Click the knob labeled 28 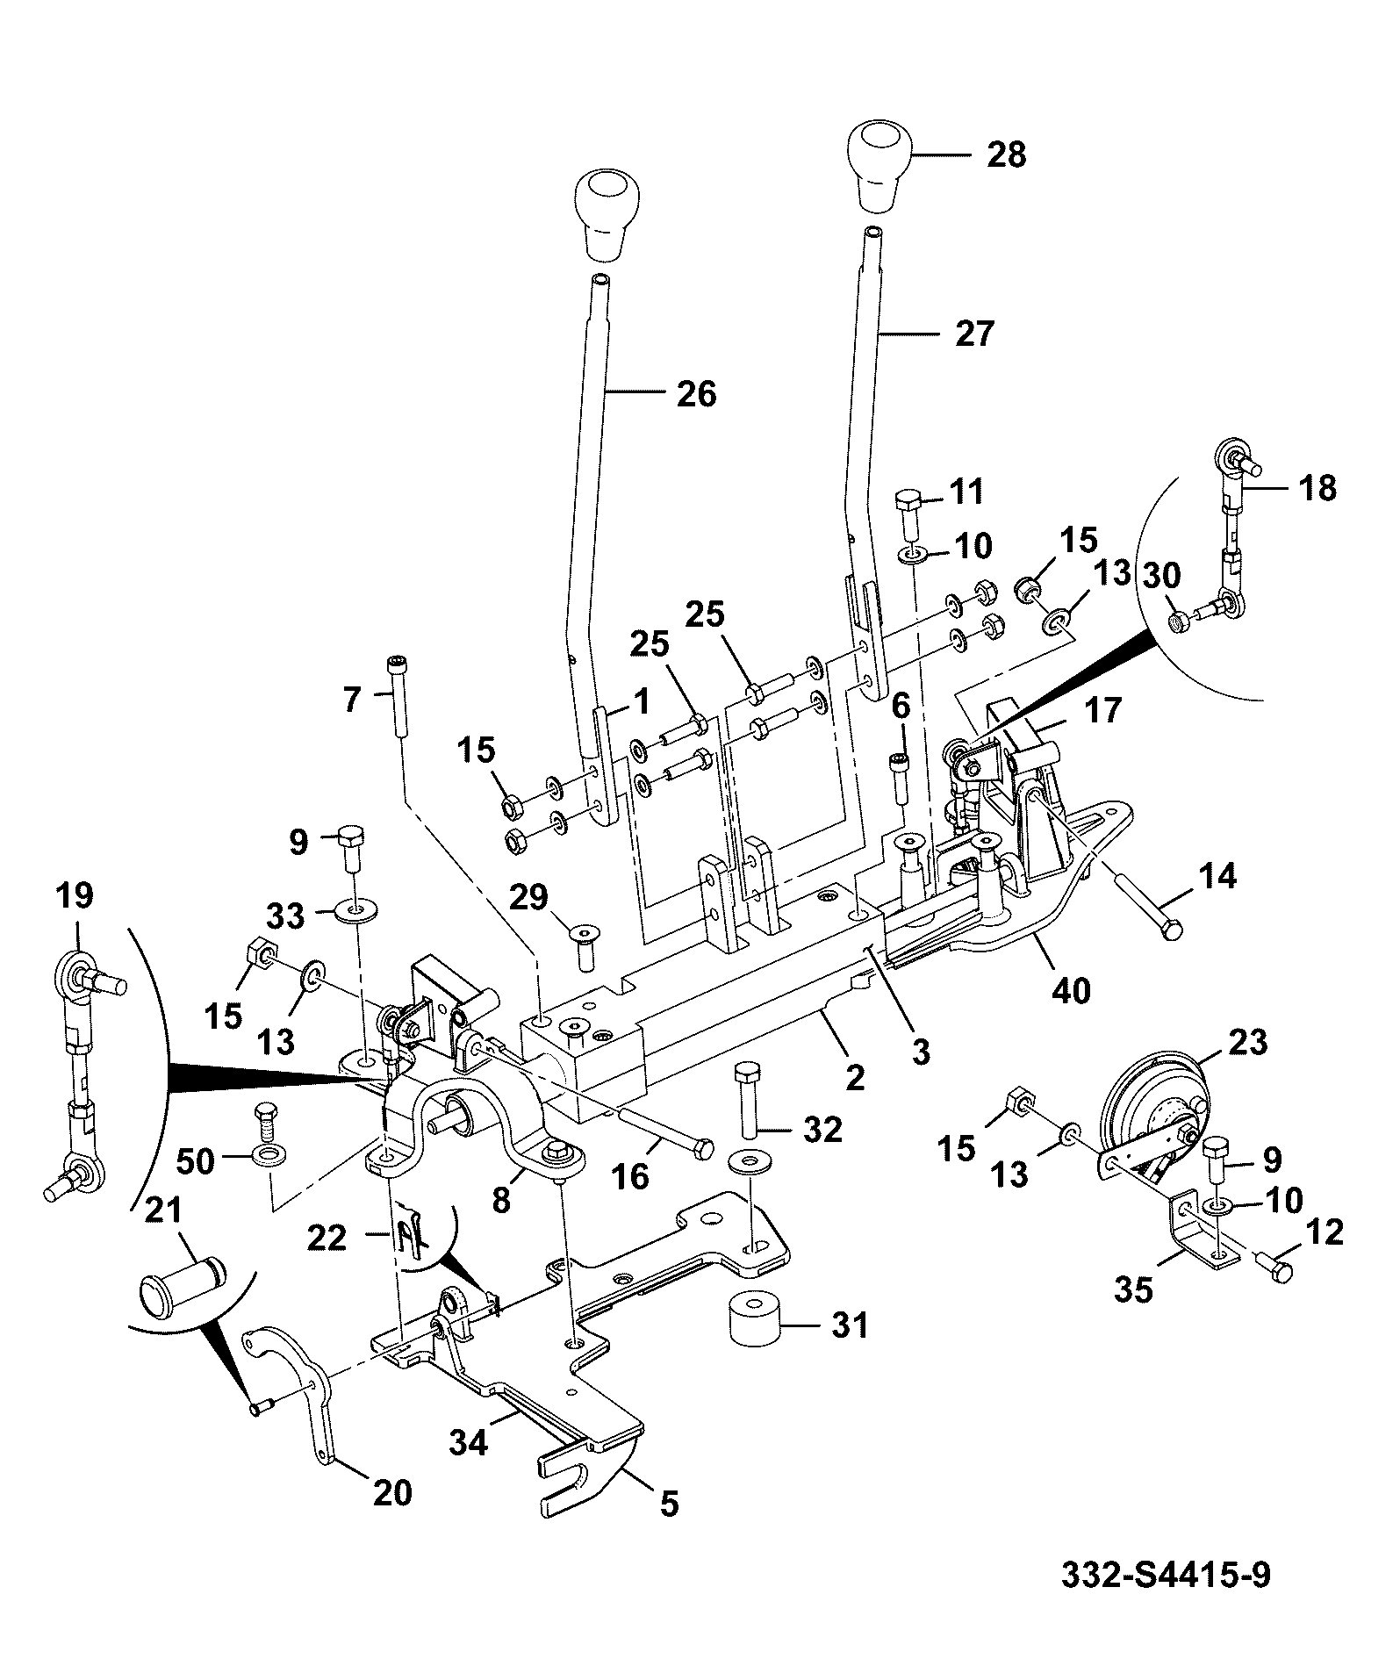(880, 167)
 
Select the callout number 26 (697, 394)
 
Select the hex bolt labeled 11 (908, 517)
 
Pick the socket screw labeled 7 (397, 698)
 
